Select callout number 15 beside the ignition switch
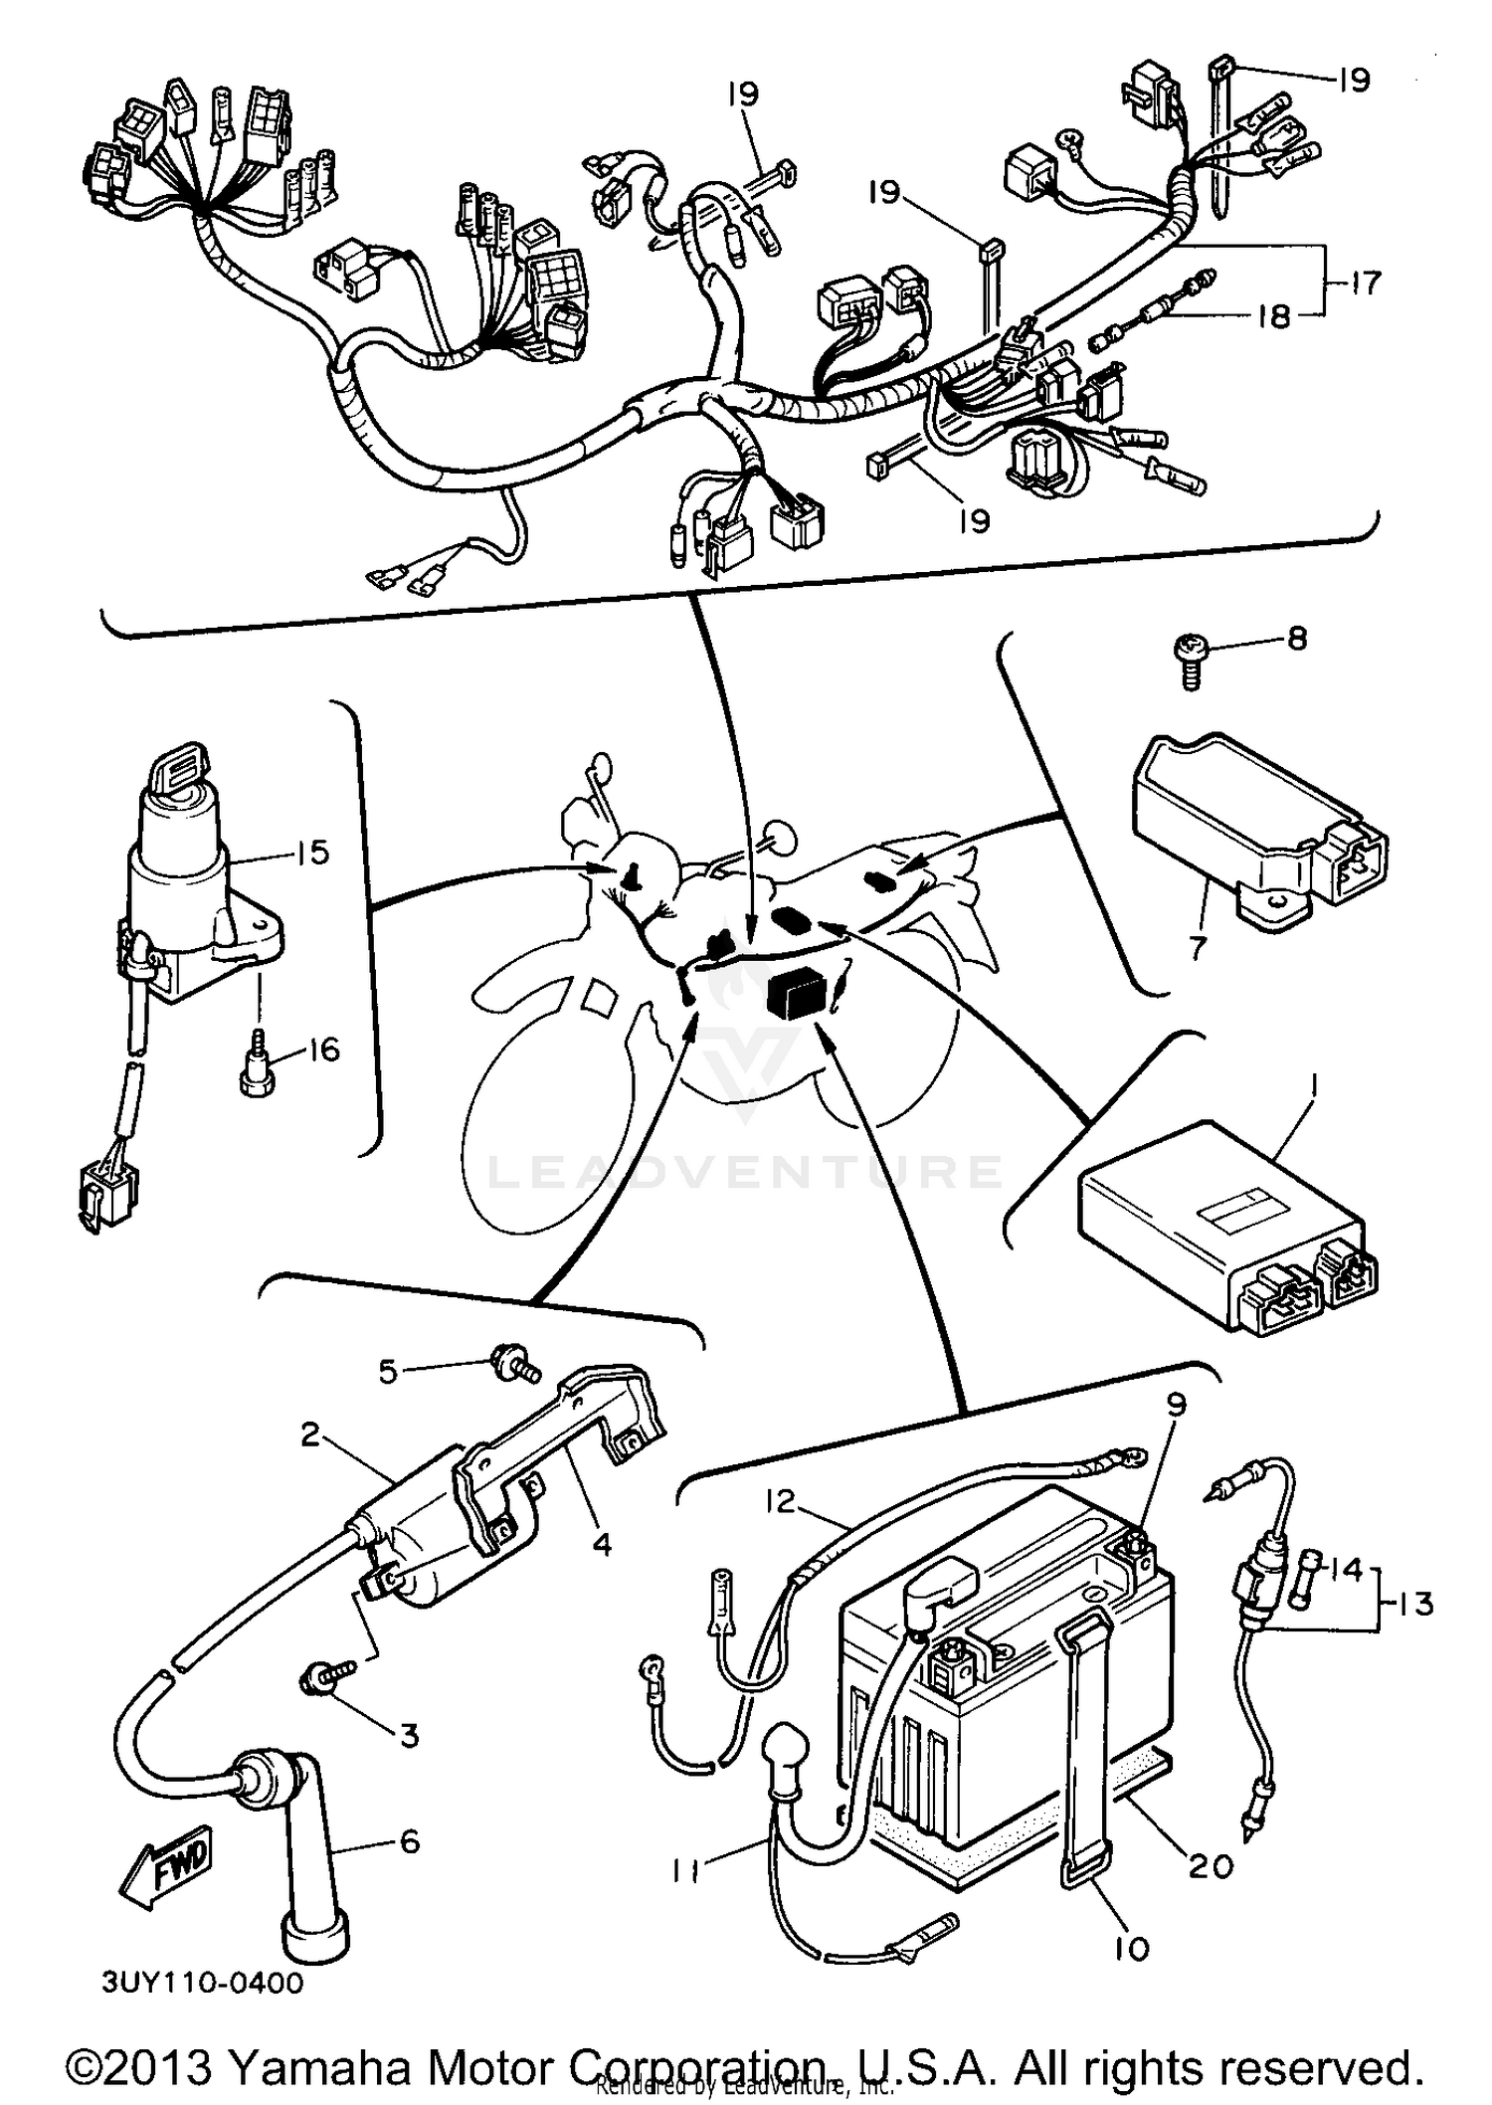[x=312, y=853]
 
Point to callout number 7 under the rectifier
[x=1197, y=947]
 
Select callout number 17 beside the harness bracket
[x=1366, y=284]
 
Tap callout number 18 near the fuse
[x=1273, y=316]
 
